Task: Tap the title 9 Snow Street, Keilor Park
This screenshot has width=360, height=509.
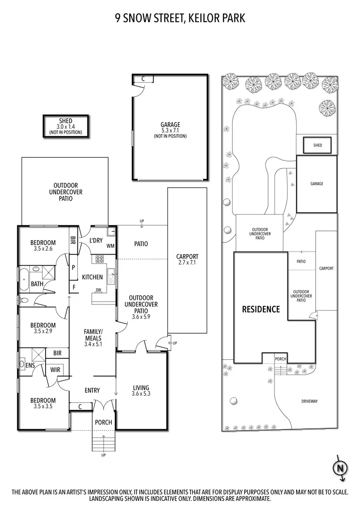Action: pyautogui.click(x=180, y=18)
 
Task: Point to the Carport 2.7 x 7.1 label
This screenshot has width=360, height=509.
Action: pyautogui.click(x=187, y=259)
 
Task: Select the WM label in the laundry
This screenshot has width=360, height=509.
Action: pyautogui.click(x=110, y=246)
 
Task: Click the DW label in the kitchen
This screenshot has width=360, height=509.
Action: pyautogui.click(x=99, y=290)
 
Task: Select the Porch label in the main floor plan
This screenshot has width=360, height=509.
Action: pyautogui.click(x=103, y=423)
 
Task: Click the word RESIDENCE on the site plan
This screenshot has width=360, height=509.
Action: pyautogui.click(x=261, y=309)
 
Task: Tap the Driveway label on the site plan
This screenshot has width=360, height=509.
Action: pyautogui.click(x=310, y=401)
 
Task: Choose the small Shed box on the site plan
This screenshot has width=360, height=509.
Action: pyautogui.click(x=317, y=145)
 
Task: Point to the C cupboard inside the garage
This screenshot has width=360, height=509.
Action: pyautogui.click(x=142, y=79)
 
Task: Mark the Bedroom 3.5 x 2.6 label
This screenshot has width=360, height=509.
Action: pyautogui.click(x=43, y=245)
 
